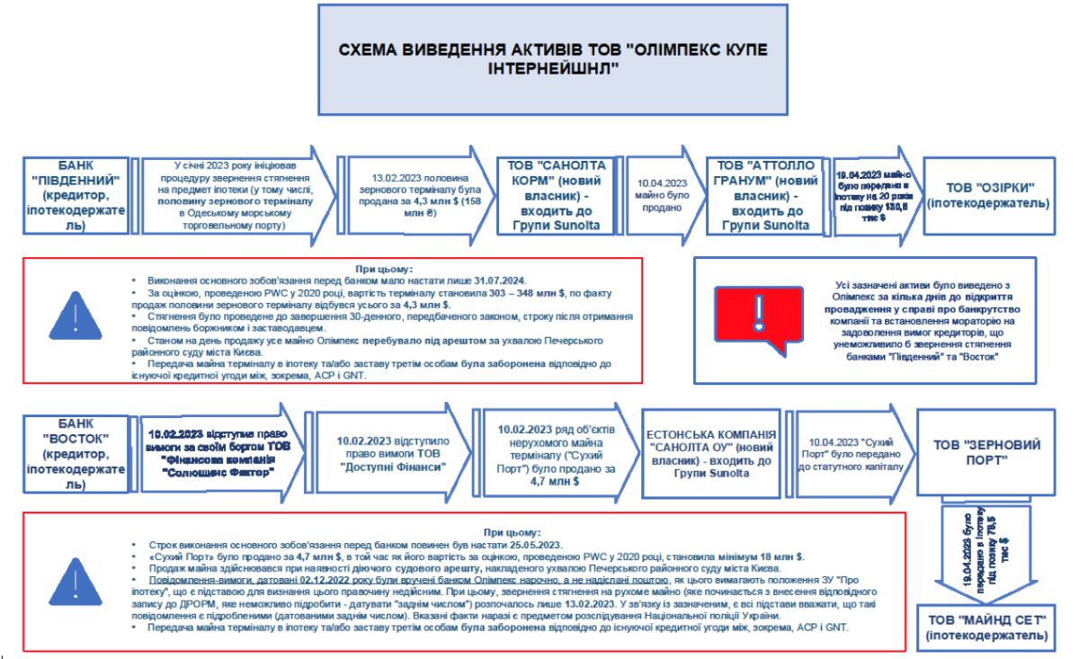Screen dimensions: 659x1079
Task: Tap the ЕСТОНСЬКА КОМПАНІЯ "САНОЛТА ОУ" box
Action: pos(710,453)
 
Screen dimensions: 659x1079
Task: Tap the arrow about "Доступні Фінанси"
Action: pos(391,453)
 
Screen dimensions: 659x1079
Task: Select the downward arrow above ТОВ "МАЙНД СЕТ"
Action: pos(980,548)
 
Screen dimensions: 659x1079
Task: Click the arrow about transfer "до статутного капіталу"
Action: pos(845,453)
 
